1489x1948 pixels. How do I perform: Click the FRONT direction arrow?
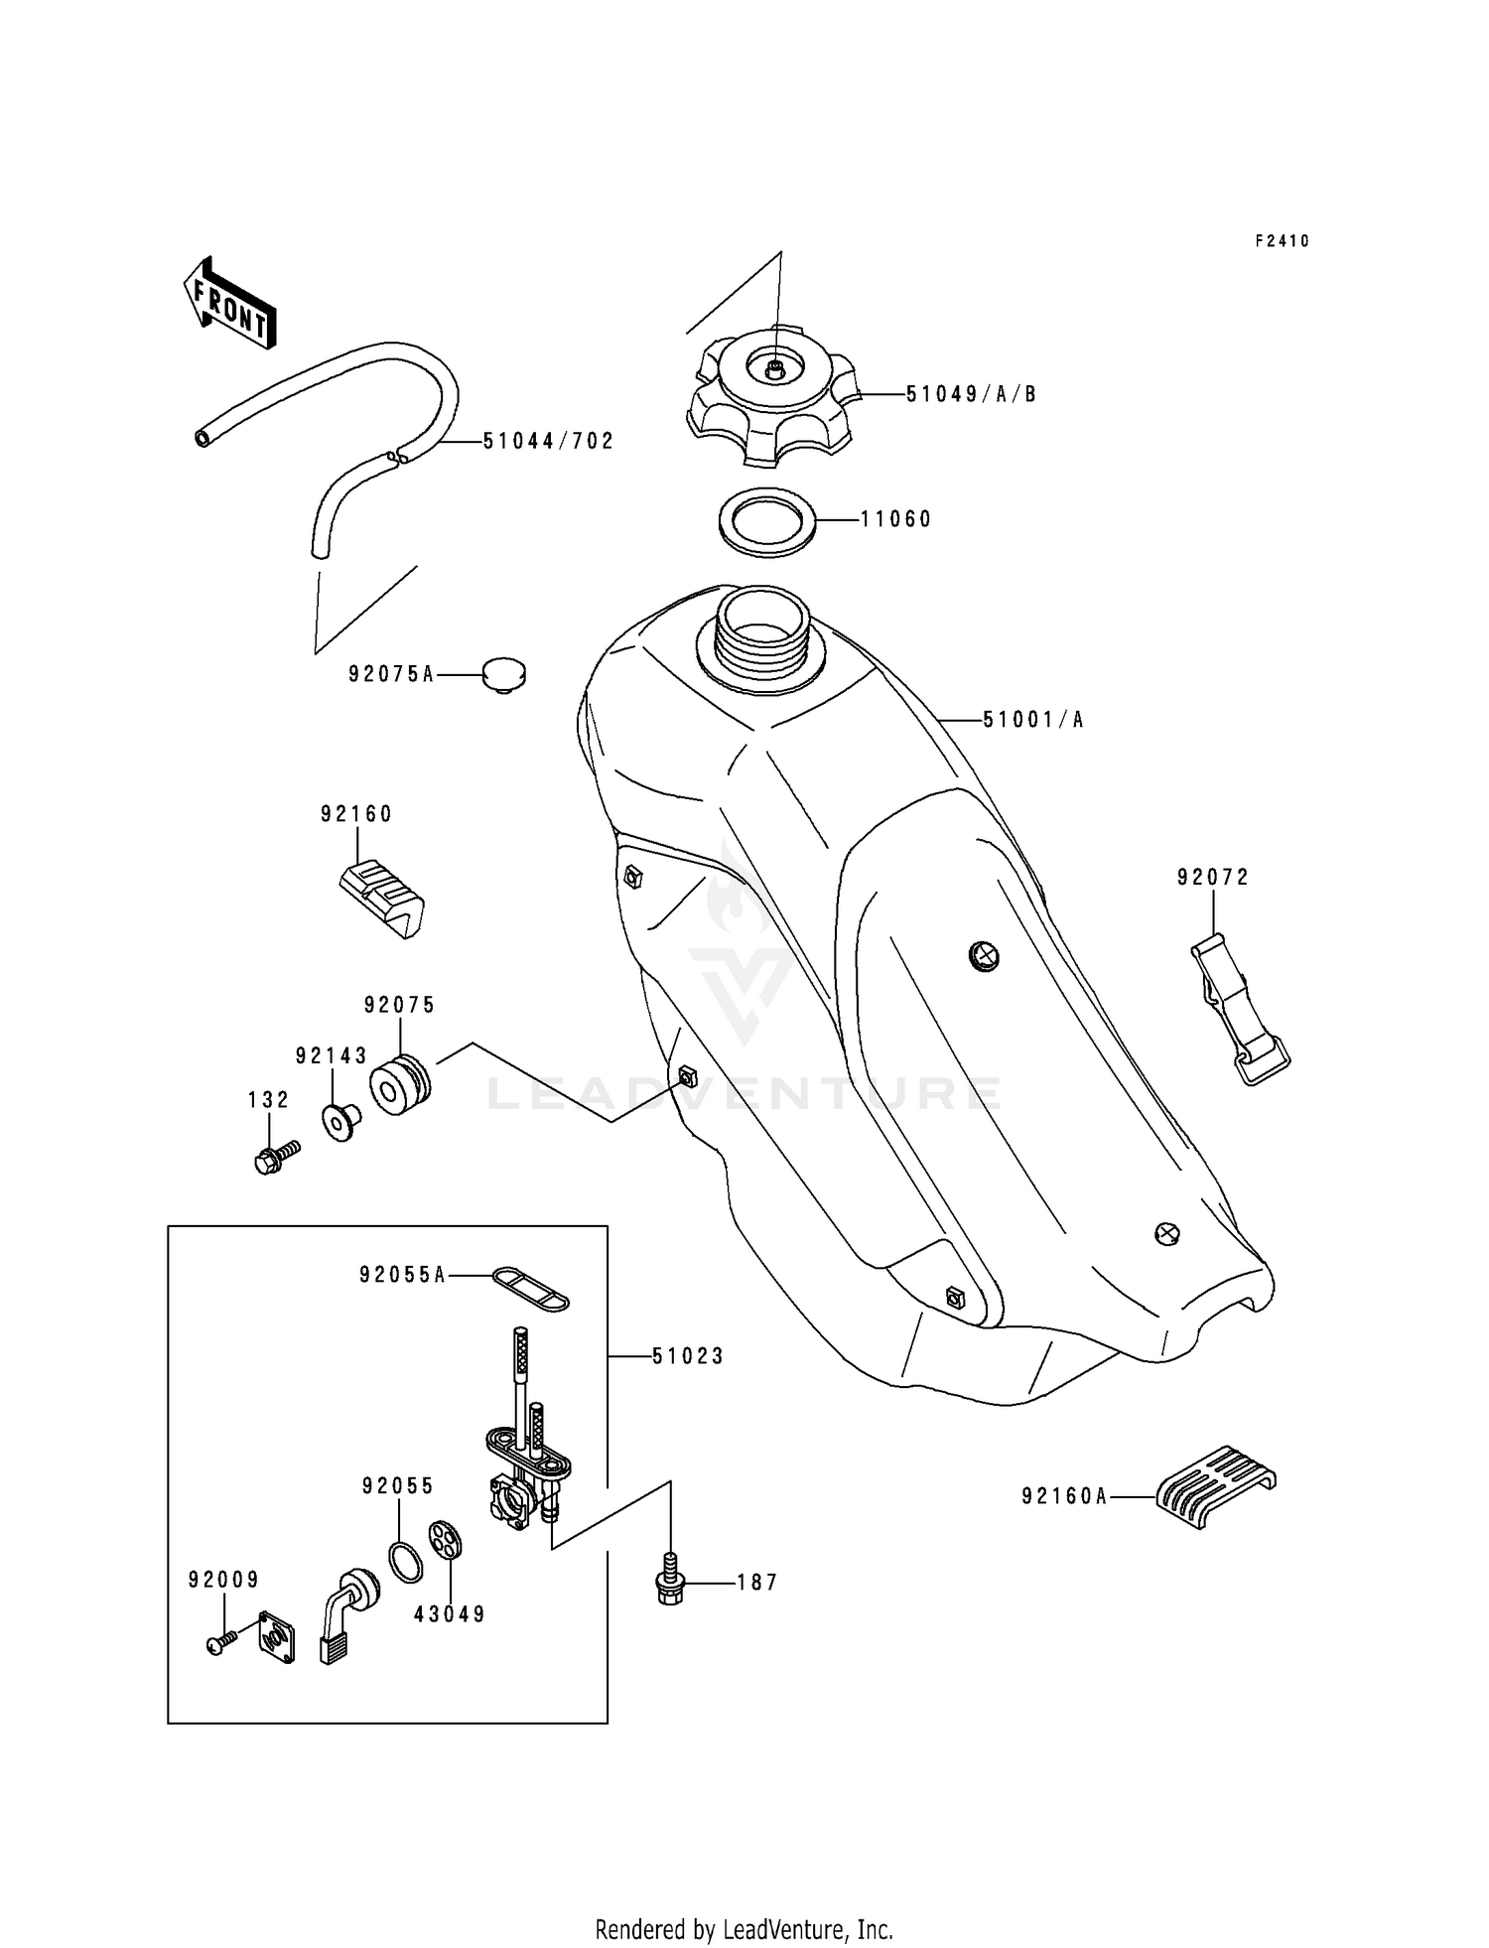[x=229, y=304]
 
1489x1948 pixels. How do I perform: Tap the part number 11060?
[x=895, y=519]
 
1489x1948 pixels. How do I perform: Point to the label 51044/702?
[x=549, y=441]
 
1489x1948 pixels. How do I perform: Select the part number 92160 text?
[x=356, y=814]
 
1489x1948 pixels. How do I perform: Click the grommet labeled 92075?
[x=400, y=1086]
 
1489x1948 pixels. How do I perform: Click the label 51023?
[x=688, y=1356]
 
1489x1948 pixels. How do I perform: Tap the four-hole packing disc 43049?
[x=447, y=1540]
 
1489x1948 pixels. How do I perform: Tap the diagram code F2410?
[x=1282, y=241]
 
